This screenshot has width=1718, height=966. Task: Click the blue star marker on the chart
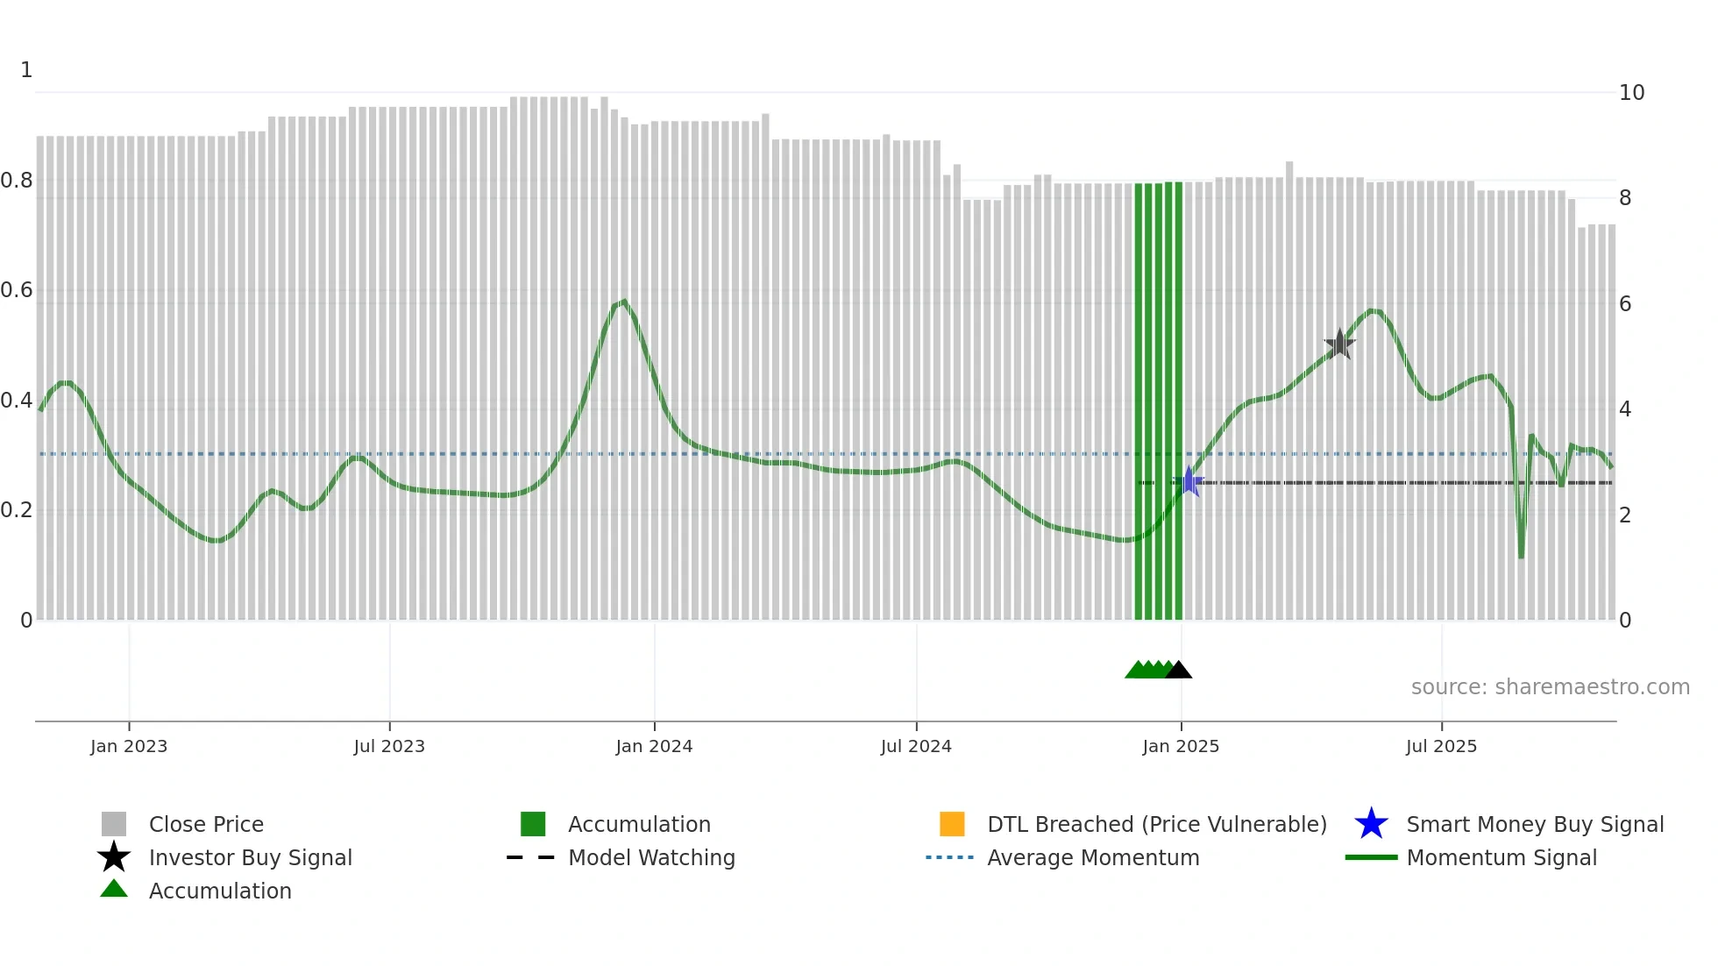tap(1189, 481)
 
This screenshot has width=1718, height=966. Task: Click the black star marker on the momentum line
tap(1339, 344)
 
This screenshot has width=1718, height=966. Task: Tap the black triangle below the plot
tap(1179, 671)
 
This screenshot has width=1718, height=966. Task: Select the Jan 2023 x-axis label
tap(129, 747)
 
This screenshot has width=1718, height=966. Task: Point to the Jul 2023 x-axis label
tap(389, 747)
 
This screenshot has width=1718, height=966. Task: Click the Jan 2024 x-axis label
tap(654, 747)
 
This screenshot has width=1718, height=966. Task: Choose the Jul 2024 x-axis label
tap(916, 747)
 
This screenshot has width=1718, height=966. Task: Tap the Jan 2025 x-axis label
tap(1181, 747)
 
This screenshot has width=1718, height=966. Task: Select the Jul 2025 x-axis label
tap(1441, 747)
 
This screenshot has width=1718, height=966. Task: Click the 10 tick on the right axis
tap(1631, 93)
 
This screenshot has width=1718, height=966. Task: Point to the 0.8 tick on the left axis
tap(18, 181)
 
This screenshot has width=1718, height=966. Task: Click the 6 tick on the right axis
tap(1625, 304)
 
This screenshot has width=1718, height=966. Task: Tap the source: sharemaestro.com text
tap(1550, 687)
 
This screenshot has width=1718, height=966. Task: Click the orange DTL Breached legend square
tap(952, 824)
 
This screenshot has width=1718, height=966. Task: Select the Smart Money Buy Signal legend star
tap(1371, 824)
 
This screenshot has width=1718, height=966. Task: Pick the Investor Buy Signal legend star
tap(114, 857)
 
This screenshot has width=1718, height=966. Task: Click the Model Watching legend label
tap(651, 857)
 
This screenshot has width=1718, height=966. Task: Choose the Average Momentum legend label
tap(1093, 857)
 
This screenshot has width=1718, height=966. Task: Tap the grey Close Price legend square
tap(114, 824)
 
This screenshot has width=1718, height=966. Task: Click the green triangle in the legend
tap(114, 890)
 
